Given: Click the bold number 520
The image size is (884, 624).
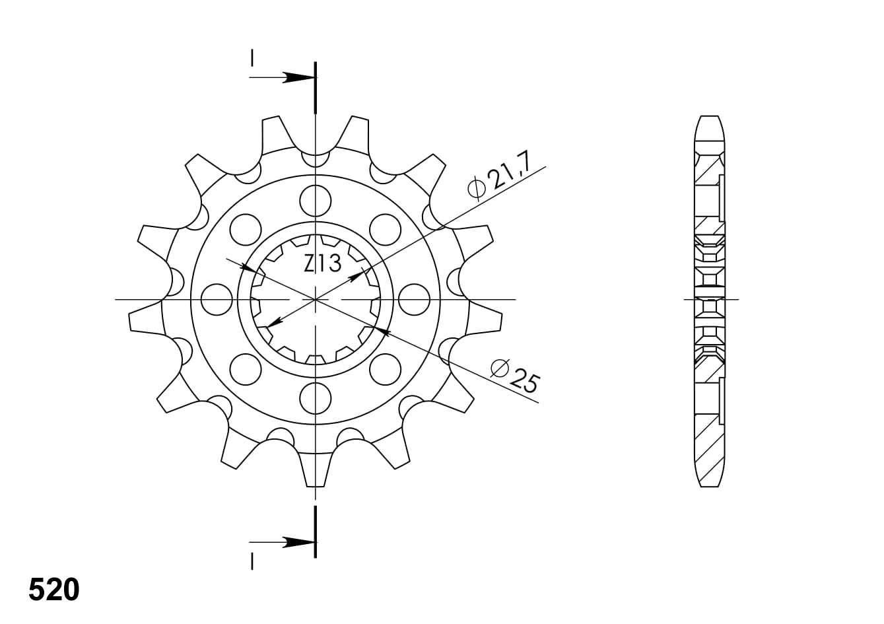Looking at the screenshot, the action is tap(54, 590).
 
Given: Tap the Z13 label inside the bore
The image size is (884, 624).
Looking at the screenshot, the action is tap(322, 263).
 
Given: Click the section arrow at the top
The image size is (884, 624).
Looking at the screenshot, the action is tap(283, 78).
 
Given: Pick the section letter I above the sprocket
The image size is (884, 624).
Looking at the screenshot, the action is tap(252, 57).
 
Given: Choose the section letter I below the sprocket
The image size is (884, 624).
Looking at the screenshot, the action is tap(252, 561).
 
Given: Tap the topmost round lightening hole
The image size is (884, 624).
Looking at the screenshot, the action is tap(316, 201).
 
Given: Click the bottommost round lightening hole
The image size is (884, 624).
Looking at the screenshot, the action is tap(316, 398).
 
